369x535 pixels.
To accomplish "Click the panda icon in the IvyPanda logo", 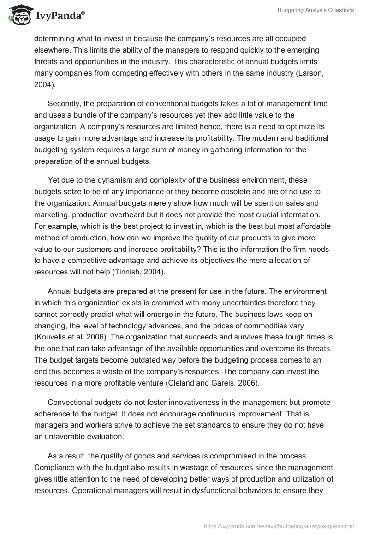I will tap(18, 15).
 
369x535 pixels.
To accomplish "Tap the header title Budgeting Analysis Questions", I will tap(315, 11).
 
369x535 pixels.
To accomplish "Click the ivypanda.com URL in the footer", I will tap(279, 525).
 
